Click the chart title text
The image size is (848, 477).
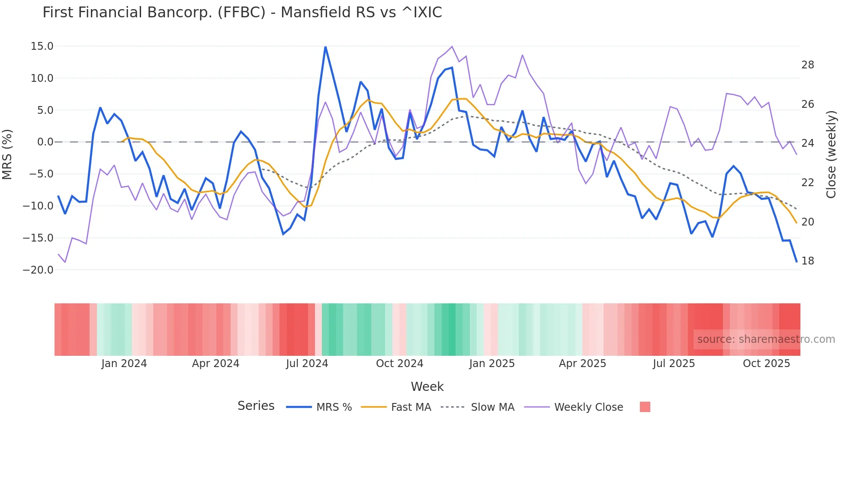click(242, 13)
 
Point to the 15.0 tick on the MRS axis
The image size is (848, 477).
click(42, 46)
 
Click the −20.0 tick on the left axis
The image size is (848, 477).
click(38, 270)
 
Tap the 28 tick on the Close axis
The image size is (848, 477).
click(807, 65)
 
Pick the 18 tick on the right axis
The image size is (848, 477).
click(807, 261)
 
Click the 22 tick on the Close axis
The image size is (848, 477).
click(807, 183)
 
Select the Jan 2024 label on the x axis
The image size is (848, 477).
click(124, 364)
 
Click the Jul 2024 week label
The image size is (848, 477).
click(307, 364)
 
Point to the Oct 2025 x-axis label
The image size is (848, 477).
click(766, 364)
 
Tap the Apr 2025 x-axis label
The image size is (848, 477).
click(582, 364)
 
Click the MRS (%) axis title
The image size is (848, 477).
click(7, 155)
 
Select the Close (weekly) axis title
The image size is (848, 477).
click(831, 155)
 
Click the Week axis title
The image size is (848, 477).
click(427, 387)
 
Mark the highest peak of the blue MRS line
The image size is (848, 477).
click(325, 47)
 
